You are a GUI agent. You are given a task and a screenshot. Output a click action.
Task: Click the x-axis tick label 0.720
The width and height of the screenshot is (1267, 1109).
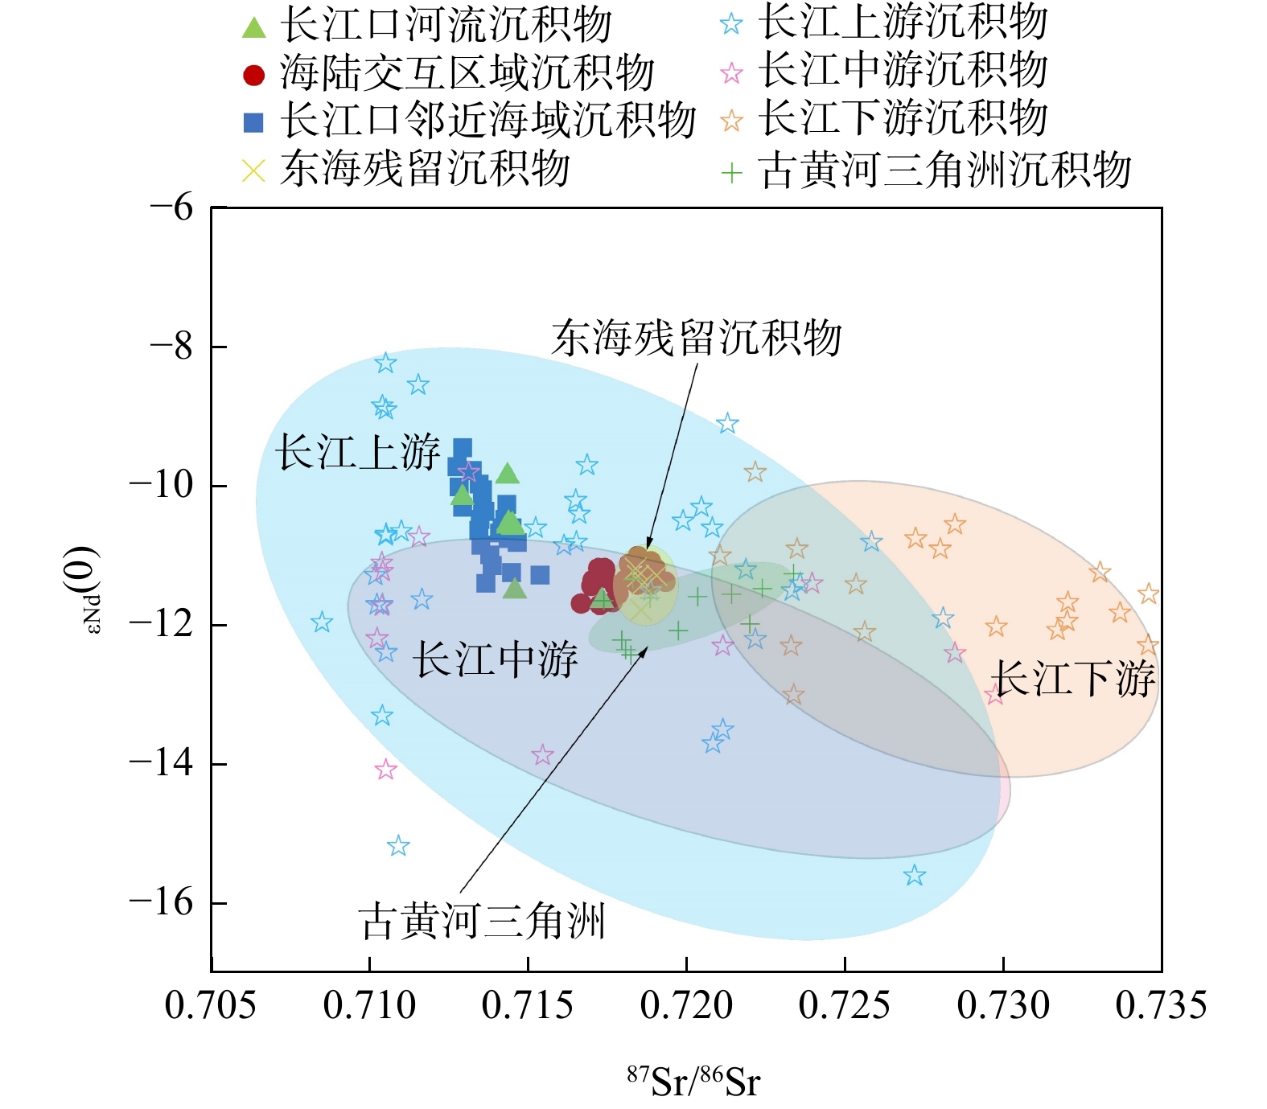pos(686,1005)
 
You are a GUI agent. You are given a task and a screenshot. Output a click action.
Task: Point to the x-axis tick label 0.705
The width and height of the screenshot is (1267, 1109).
pos(211,1005)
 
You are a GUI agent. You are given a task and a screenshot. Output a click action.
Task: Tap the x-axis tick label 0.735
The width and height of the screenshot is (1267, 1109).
pos(1161,1005)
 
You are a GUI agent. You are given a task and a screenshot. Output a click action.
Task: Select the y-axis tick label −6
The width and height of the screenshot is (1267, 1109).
pos(171,208)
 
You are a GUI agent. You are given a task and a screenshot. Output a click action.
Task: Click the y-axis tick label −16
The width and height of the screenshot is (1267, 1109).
pos(161,903)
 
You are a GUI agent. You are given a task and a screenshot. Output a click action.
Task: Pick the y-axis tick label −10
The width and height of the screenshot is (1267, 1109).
pos(161,486)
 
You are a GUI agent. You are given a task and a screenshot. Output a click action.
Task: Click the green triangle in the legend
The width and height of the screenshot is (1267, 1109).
pos(253,27)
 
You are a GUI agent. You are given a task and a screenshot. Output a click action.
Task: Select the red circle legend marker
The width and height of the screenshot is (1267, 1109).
pos(253,75)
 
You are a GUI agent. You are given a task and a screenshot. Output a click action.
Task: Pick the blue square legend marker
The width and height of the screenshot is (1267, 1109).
pos(253,122)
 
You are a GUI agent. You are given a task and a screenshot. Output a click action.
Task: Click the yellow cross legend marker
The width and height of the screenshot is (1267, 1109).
pos(253,170)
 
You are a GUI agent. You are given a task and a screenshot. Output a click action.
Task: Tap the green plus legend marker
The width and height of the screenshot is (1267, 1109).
pos(731,172)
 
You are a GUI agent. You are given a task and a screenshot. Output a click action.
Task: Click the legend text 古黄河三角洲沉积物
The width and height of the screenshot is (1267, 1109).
pos(944,170)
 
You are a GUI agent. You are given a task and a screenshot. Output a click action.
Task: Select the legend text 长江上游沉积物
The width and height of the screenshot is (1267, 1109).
pos(903,23)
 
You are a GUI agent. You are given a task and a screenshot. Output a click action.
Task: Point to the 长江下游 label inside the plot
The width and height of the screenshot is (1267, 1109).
pos(1075,678)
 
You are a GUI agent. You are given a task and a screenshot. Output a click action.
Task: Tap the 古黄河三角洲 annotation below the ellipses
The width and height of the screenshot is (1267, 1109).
pos(482,921)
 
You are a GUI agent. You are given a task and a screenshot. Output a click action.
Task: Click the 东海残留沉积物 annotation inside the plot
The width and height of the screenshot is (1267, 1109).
pos(697,338)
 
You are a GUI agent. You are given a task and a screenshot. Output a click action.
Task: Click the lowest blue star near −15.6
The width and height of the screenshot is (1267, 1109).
pos(914,875)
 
